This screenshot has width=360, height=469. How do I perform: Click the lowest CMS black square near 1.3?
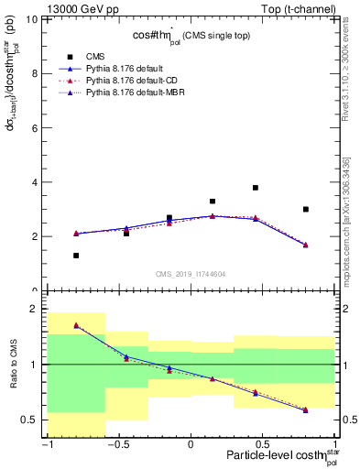pyautogui.click(x=76, y=256)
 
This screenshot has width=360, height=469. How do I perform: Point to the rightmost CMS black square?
pyautogui.click(x=306, y=210)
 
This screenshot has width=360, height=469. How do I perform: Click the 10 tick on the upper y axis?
pyautogui.click(x=36, y=19)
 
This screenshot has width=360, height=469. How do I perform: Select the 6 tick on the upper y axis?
pyautogui.click(x=38, y=127)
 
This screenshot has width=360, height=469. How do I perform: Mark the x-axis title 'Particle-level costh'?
pyautogui.click(x=275, y=457)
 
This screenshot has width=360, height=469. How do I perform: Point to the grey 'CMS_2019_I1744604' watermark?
pyautogui.click(x=191, y=273)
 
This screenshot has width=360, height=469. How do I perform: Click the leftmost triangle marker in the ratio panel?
pyautogui.click(x=76, y=325)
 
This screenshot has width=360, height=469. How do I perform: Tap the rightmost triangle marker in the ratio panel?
pyautogui.click(x=306, y=410)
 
